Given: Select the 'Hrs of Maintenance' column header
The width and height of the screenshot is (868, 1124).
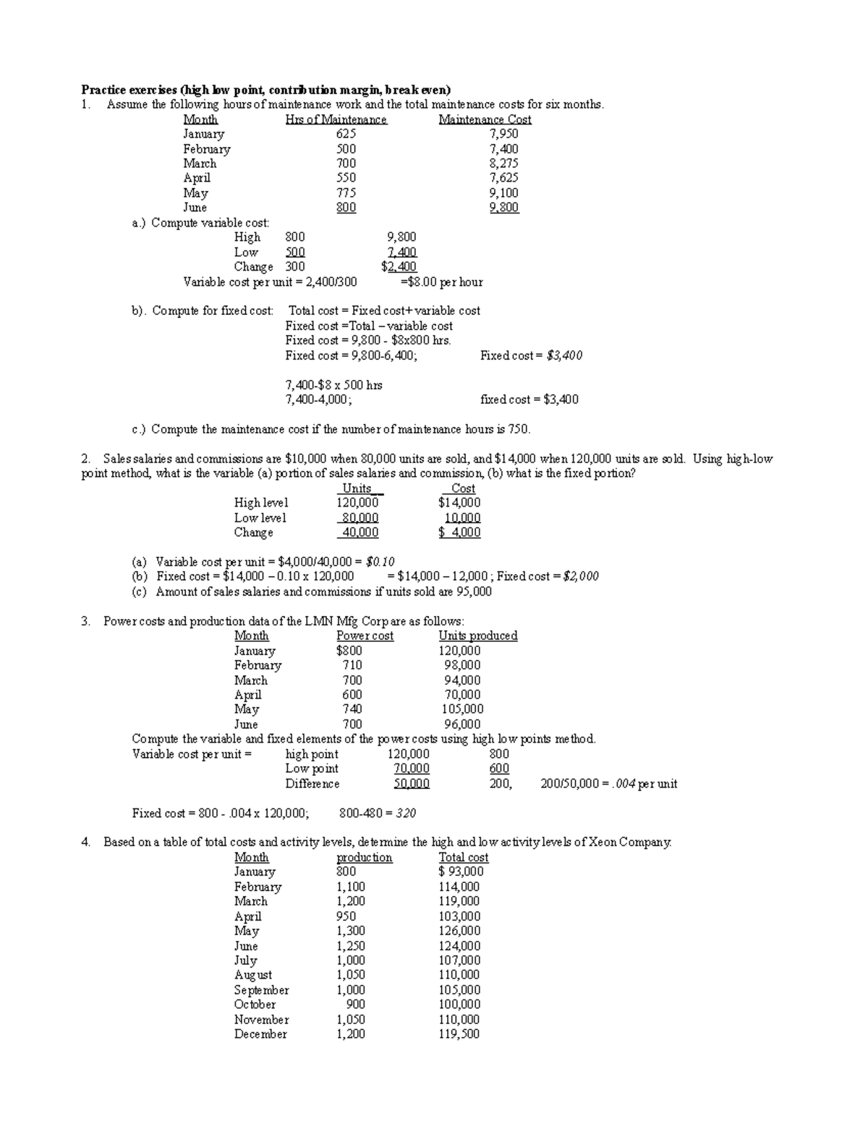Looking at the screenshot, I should click(x=336, y=119).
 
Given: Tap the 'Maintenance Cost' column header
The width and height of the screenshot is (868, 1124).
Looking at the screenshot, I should click(x=485, y=119).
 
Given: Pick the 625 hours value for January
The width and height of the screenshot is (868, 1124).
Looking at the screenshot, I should click(x=346, y=134).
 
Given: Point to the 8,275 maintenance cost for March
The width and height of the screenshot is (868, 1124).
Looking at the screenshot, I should click(x=503, y=164).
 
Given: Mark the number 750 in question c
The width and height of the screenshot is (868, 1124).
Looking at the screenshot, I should click(x=518, y=429).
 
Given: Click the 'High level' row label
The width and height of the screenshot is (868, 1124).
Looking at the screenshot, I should click(x=260, y=502).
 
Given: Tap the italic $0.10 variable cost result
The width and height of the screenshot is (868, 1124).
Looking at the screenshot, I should click(x=380, y=562).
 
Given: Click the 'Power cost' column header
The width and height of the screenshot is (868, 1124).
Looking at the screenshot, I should click(x=365, y=635).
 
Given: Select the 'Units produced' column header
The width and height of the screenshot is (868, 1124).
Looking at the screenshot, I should click(x=477, y=635).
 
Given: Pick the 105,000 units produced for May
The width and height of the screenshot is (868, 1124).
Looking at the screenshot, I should click(x=462, y=709).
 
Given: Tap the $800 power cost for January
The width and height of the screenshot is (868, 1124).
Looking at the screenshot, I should click(x=349, y=651).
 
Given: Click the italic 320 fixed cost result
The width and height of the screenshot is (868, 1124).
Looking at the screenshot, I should click(x=405, y=813).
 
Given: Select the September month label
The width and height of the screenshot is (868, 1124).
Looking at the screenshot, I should click(x=261, y=990).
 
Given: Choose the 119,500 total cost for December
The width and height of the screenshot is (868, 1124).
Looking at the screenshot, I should click(x=459, y=1034).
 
